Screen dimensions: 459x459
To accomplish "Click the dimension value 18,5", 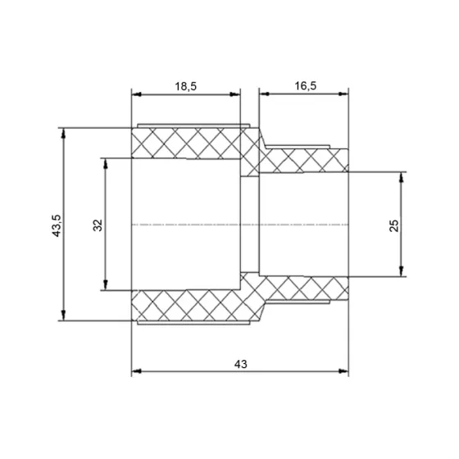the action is point(185,87).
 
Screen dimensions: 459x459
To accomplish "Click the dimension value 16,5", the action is point(305,86).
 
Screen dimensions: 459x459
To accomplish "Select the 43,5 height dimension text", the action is point(57,225).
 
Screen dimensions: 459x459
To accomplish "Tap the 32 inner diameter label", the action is point(98,225).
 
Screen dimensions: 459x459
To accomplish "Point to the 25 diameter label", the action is point(394,225).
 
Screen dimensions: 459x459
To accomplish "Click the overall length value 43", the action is point(240,364).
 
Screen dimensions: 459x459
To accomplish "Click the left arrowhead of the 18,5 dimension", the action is point(137,94).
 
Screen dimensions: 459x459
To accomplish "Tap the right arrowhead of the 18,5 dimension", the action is point(235,94).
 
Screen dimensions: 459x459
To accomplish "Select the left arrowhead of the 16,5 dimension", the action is point(265,93).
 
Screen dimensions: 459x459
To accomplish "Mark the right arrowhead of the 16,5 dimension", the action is point(343,93).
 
